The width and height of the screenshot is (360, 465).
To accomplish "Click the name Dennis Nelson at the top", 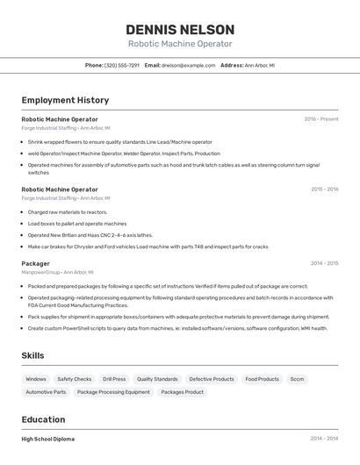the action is tap(180, 29).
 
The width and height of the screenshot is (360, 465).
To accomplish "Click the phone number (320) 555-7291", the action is tap(122, 65).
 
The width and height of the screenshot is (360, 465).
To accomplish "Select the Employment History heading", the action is tap(65, 100).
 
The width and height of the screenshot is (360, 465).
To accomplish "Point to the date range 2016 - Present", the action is tap(320, 118).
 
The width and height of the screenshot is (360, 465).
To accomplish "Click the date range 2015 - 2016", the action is tap(324, 189).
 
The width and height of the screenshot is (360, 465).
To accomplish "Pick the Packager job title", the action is tap(36, 263).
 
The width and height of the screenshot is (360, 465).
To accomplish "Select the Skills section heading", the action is tap(32, 355).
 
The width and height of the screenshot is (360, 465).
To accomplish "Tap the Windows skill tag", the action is tap(36, 379).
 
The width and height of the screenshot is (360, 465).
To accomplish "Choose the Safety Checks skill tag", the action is tap(75, 379).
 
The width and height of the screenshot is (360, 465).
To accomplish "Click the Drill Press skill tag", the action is tap(114, 379).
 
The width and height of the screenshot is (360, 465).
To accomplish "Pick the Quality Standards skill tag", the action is tap(157, 379).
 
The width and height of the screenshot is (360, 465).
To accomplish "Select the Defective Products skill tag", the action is tap(212, 379).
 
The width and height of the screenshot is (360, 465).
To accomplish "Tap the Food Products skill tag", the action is tap(263, 379).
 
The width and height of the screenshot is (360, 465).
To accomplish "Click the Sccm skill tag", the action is tap(298, 379).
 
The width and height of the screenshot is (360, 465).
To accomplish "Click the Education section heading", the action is tap(43, 419).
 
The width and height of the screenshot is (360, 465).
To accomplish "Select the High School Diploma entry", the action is tap(48, 439).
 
